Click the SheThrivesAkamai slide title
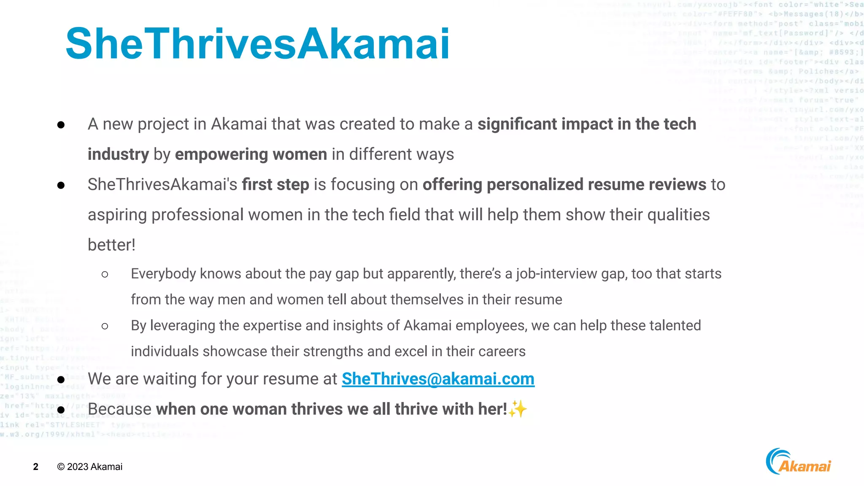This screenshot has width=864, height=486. click(x=257, y=43)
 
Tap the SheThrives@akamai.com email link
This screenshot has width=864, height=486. click(x=438, y=379)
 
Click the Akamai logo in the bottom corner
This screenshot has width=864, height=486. click(x=798, y=462)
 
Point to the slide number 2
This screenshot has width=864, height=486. click(x=36, y=467)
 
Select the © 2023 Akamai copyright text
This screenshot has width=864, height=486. click(x=90, y=467)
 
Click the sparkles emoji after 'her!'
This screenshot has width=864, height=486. click(x=518, y=409)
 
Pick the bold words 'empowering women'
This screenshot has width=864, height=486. click(x=251, y=154)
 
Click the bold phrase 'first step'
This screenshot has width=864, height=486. click(x=275, y=185)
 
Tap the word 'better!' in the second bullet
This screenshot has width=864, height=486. click(x=111, y=245)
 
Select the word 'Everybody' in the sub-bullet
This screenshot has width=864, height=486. click(x=163, y=274)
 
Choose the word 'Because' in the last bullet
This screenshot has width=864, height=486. click(x=119, y=409)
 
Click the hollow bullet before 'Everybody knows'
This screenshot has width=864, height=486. click(x=105, y=275)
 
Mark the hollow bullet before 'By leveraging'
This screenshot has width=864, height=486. click(x=105, y=326)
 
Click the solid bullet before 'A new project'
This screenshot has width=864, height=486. click(x=61, y=125)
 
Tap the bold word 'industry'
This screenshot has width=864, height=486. click(x=118, y=154)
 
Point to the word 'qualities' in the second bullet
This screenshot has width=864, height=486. click(x=678, y=215)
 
